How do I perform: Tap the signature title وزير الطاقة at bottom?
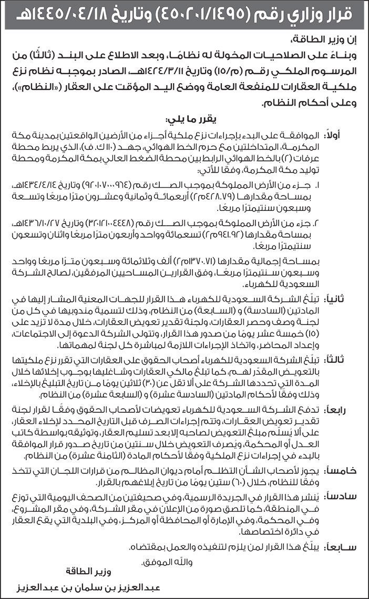pos(85,571)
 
